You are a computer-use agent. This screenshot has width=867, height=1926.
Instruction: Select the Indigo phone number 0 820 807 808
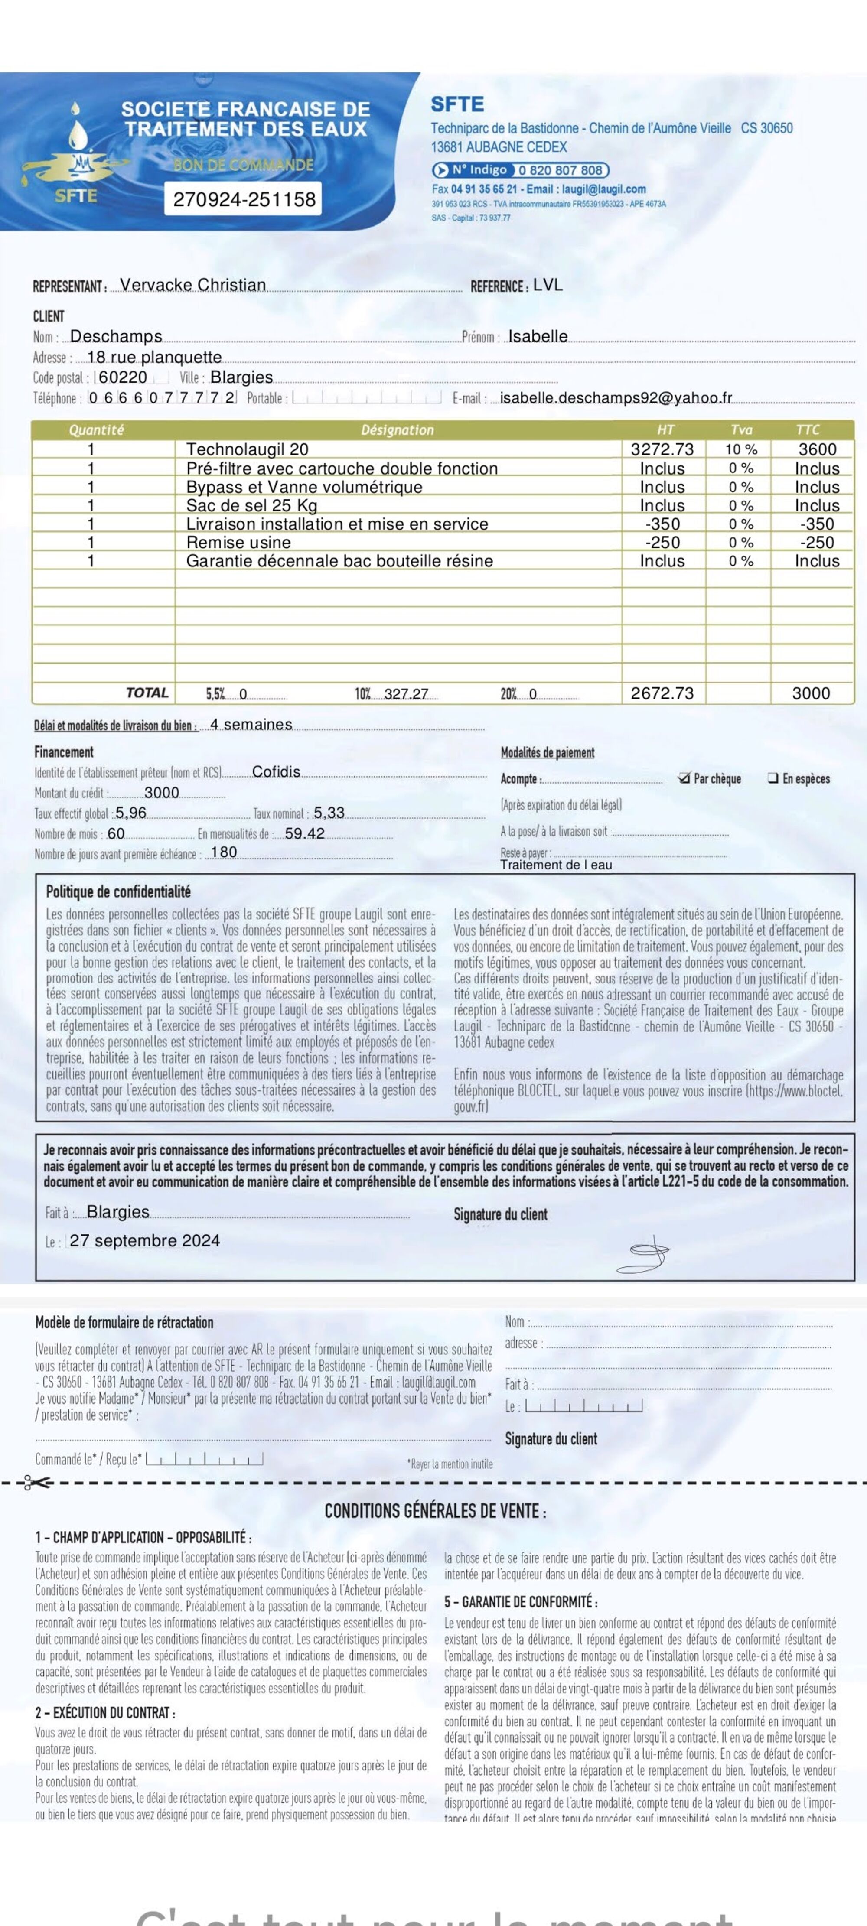coord(560,170)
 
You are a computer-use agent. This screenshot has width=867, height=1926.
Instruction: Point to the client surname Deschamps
coord(116,336)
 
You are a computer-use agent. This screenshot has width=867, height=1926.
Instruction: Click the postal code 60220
coord(124,377)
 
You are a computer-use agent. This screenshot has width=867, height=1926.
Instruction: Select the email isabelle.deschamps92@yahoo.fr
coord(616,398)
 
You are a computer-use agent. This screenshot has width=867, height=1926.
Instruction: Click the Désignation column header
coord(397,430)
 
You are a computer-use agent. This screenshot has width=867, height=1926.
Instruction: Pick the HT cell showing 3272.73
coord(662,449)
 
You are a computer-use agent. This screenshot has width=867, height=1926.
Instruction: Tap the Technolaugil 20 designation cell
coord(248,449)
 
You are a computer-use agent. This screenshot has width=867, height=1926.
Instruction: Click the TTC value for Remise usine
coord(817,543)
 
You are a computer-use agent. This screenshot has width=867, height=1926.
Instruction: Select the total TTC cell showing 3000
coord(811,693)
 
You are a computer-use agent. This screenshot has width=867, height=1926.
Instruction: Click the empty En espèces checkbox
coord(773,778)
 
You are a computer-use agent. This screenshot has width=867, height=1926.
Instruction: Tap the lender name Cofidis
coord(276,771)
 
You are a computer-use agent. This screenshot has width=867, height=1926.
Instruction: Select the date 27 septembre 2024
coord(145,1240)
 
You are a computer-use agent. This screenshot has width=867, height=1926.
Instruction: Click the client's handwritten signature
coord(643,1254)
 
